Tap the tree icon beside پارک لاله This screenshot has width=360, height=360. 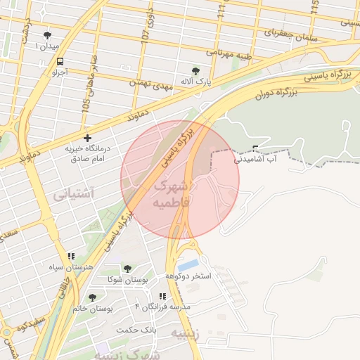195,70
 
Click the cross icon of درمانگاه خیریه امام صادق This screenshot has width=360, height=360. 87,138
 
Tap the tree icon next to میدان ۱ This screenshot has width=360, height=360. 47,35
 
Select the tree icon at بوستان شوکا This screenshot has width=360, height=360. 127,269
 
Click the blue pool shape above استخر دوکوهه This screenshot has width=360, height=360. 188,265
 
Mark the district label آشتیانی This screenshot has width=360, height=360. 74,192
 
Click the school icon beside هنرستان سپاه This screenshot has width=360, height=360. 70,257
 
